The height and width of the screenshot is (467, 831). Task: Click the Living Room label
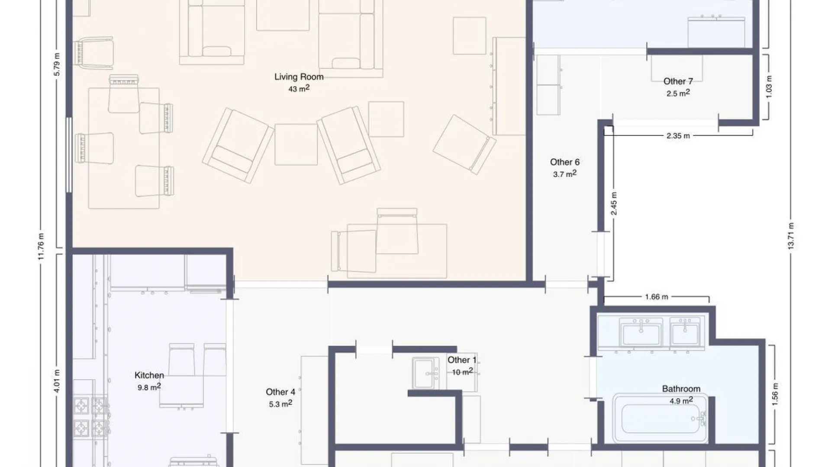tap(299, 77)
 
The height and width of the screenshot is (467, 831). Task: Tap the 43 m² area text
tap(299, 89)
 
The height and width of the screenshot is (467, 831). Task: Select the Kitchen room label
tap(149, 375)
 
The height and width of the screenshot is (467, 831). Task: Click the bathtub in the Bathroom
tap(660, 419)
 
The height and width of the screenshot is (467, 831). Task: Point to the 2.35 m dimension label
tap(678, 136)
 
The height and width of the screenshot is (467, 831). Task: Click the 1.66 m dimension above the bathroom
tap(656, 297)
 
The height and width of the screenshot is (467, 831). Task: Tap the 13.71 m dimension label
tap(791, 236)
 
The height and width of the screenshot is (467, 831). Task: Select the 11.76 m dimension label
tap(41, 246)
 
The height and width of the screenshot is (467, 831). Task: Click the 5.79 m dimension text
tap(57, 64)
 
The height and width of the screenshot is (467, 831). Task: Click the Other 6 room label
tap(564, 162)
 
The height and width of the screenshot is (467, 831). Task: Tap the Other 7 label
tap(678, 81)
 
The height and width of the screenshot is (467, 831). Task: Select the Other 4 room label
tap(280, 392)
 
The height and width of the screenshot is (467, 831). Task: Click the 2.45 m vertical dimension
tap(614, 204)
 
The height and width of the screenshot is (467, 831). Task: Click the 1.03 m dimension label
tap(769, 87)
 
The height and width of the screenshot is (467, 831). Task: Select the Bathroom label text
tap(681, 389)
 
